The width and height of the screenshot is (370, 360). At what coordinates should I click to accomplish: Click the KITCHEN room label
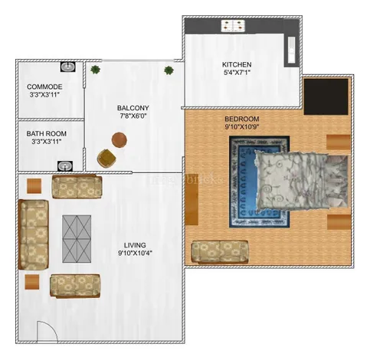pos(237,64)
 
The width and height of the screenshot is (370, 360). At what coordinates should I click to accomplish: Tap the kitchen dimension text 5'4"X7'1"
pos(237,73)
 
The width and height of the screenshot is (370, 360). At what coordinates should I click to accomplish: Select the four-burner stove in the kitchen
pos(233,25)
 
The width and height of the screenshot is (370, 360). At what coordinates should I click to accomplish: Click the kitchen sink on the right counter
pos(291,49)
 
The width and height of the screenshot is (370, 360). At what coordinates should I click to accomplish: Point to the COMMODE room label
pos(44,87)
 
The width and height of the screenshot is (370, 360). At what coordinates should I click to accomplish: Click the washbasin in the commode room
pos(68,67)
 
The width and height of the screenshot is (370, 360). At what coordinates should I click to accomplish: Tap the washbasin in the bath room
pos(65,166)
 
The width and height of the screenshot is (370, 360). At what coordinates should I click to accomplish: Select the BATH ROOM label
pos(47,133)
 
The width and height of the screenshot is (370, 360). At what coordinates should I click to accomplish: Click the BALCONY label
pos(133,108)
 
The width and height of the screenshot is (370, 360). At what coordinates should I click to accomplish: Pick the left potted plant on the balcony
pos(95,70)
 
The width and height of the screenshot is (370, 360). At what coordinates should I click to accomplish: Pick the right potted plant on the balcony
pos(169,70)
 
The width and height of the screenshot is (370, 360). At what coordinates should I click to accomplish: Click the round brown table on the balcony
pos(120,140)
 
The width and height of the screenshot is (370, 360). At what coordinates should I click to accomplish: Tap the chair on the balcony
pos(106,159)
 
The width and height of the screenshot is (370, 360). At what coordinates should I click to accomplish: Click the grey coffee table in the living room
pos(77,239)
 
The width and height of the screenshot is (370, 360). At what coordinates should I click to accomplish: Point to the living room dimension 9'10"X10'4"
pos(135,254)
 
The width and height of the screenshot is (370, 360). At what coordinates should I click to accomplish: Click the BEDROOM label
pos(242,119)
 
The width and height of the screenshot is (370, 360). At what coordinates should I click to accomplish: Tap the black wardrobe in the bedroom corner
pos(326,97)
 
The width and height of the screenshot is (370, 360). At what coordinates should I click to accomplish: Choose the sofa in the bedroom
pos(220,252)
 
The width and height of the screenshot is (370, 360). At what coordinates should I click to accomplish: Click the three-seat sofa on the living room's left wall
pos(34,234)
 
